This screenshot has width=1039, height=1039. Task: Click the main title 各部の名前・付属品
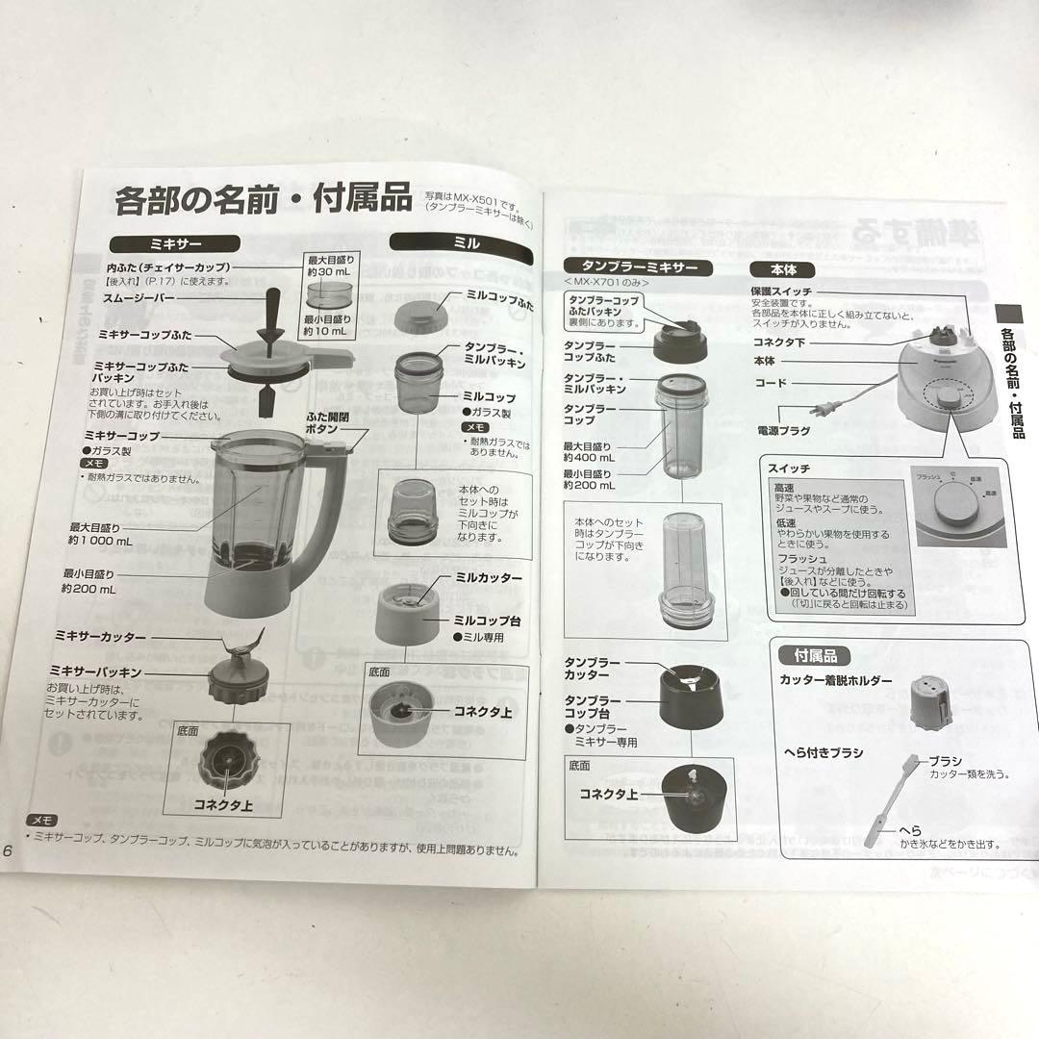[263, 200]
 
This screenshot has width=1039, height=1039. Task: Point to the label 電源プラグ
[784, 432]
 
